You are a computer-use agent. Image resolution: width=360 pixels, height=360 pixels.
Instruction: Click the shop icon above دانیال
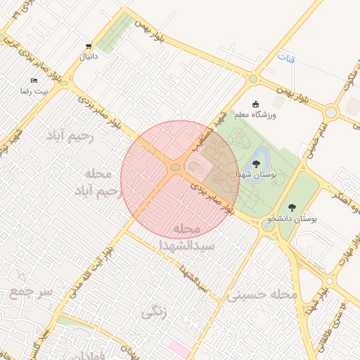[x=88, y=45]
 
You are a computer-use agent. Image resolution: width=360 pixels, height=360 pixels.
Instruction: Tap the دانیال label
[x=88, y=55]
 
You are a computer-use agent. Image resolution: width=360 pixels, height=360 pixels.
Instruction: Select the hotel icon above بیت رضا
[x=33, y=81]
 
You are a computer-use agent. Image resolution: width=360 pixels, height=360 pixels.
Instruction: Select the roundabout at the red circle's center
[x=175, y=167]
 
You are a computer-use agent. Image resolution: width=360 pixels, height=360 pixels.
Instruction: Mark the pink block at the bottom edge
[x=179, y=349]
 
